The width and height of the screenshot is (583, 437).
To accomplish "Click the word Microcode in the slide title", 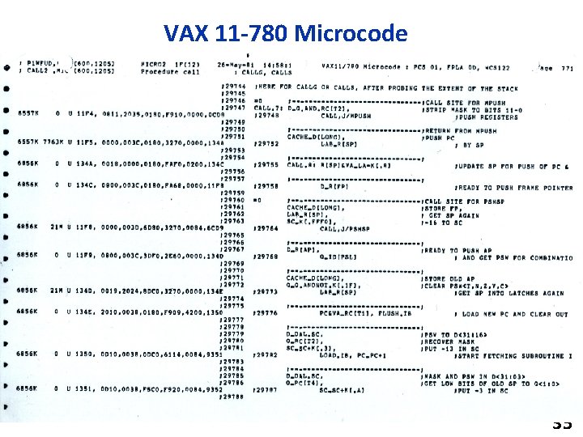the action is point(352,33).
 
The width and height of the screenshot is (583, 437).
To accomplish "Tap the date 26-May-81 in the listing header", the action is point(235,65).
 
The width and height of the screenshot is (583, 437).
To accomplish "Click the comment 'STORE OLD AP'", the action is point(445,278).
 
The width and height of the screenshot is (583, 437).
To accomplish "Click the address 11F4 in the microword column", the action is point(85,115).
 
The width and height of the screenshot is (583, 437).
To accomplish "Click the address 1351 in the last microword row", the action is point(85,388).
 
